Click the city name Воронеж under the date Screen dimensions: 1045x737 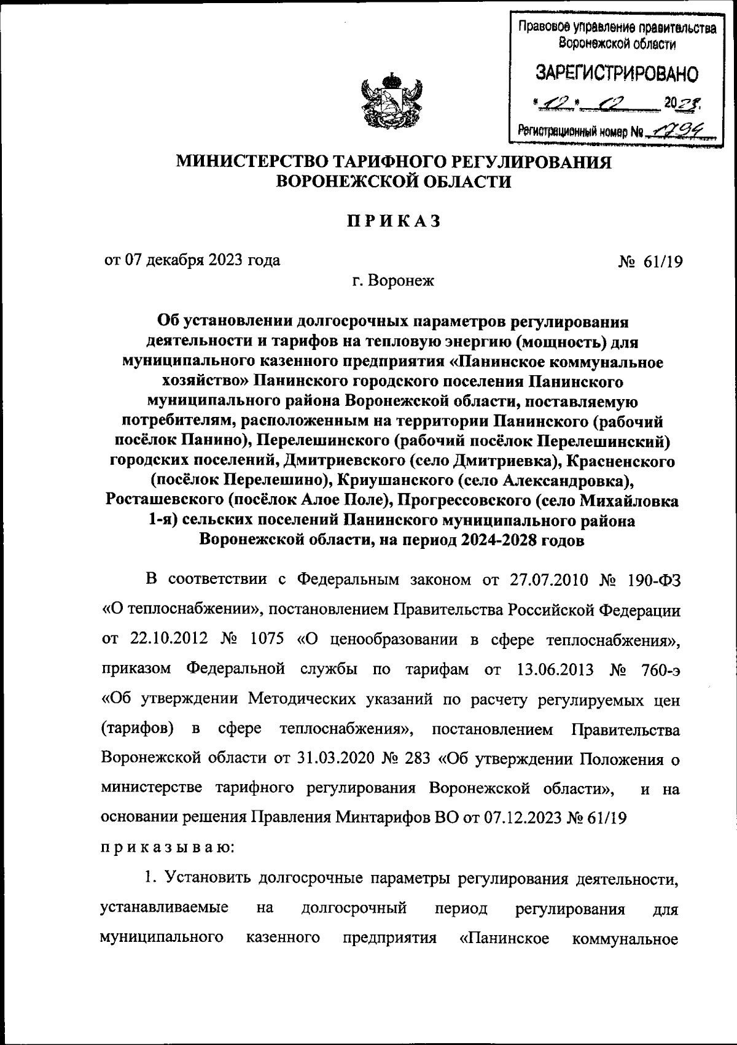tap(402, 282)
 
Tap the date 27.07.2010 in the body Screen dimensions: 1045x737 tap(549, 579)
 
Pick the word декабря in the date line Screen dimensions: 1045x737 tap(168, 260)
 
